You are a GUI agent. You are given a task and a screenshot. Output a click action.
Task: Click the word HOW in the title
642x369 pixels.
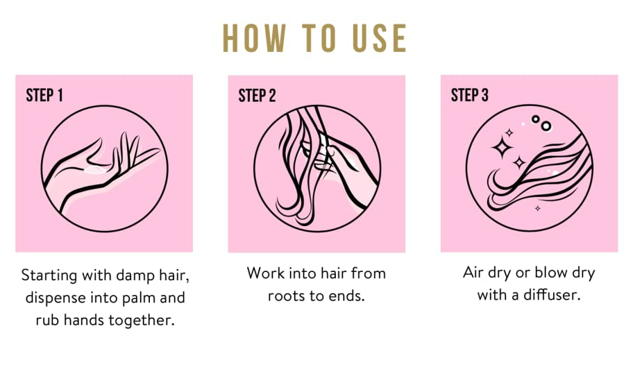click(254, 38)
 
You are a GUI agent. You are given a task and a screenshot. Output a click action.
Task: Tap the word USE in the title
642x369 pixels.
click(380, 38)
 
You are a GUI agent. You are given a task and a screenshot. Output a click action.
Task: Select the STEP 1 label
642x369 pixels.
click(44, 95)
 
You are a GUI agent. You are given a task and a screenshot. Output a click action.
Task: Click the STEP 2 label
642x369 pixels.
click(257, 95)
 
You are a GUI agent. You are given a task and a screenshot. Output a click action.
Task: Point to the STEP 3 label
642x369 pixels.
click(470, 95)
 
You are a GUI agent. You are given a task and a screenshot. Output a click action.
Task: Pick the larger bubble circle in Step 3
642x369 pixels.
click(546, 126)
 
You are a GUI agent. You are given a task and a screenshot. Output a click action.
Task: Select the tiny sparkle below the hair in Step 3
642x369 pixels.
click(538, 209)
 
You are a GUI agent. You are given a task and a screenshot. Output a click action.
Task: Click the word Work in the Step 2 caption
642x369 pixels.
click(265, 273)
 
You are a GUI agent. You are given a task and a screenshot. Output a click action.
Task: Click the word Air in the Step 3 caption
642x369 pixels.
click(473, 273)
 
